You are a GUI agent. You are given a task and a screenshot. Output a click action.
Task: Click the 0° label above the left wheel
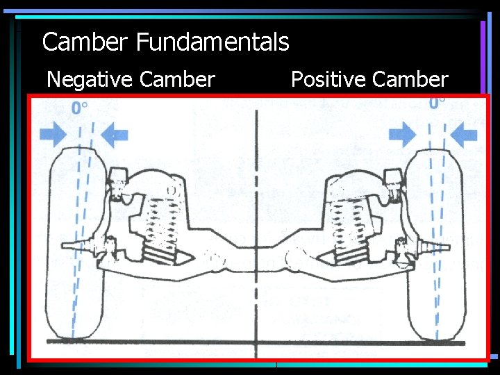coord(80,108)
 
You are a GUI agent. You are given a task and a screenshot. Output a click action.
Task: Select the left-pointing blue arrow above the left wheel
coord(113,134)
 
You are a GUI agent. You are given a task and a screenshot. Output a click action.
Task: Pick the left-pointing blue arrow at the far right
coord(465,134)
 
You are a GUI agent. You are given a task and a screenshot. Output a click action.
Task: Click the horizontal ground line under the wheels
coord(257,342)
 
